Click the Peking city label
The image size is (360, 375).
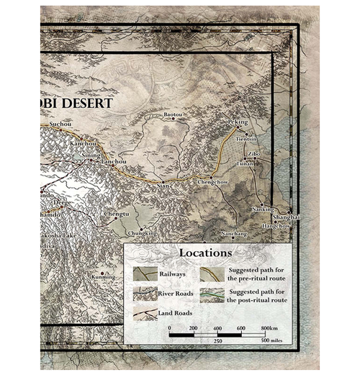238,122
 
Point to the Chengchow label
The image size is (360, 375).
212,182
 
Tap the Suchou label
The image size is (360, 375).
60,125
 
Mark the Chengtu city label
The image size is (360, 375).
117,214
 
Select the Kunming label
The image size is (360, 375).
102,276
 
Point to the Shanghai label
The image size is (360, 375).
284,217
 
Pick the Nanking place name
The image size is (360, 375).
262,209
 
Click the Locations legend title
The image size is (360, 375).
206,253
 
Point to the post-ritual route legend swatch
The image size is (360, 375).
212,294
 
